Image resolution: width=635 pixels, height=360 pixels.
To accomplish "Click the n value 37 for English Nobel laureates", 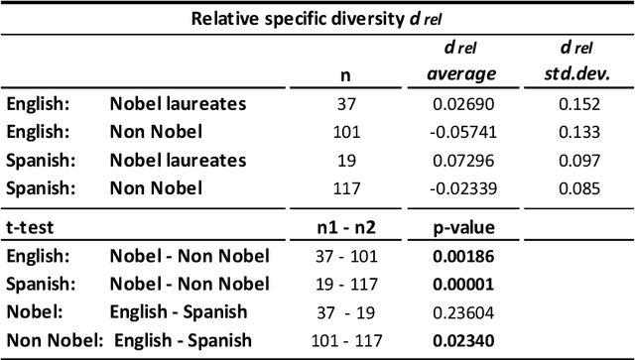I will pos(344,103).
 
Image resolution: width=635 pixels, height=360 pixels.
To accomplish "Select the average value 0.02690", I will pos(459,103).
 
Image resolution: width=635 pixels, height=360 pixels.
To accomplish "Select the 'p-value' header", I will pos(459,227).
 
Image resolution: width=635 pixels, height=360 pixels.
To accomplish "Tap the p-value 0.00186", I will pos(459,256).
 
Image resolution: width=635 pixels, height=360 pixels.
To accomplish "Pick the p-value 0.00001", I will pos(459,285).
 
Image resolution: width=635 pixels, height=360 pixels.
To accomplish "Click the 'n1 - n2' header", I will pos(344,227).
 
